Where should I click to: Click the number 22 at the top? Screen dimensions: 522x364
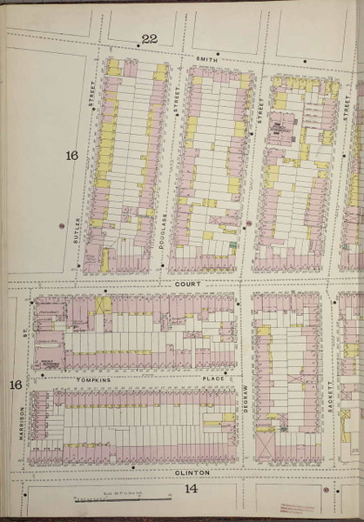point(149,38)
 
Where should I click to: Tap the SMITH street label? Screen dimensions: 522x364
point(206,58)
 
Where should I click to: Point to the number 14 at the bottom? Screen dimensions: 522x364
point(191,489)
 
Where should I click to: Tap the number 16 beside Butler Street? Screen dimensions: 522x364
point(71,156)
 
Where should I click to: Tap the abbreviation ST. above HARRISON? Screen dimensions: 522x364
point(25,331)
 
